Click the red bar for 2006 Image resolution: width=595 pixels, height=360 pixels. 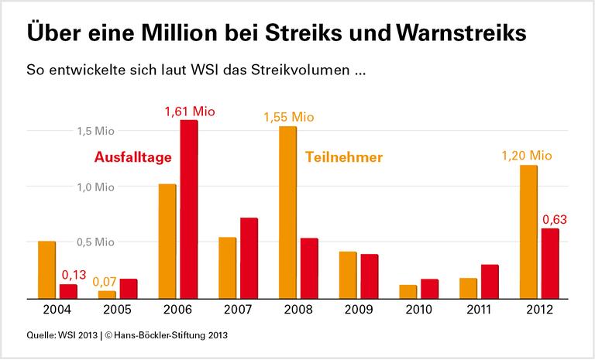click(189, 209)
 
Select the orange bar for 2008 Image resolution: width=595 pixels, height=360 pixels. click(287, 212)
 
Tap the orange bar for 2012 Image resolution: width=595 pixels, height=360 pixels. click(528, 231)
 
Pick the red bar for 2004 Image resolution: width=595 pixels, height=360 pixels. click(69, 291)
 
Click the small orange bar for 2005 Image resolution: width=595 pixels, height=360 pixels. click(107, 294)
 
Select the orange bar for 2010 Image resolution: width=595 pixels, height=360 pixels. click(408, 291)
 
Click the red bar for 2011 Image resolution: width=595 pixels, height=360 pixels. click(489, 281)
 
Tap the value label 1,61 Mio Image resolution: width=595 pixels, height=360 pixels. click(190, 111)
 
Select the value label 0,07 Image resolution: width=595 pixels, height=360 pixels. click(105, 282)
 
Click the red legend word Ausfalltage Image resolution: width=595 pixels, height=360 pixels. click(132, 158)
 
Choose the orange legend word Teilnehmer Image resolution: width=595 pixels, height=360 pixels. click(344, 158)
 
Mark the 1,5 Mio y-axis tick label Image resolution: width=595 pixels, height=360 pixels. click(95, 131)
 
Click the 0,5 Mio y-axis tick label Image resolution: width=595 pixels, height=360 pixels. click(95, 242)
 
